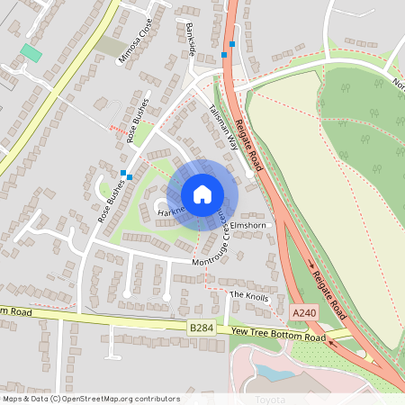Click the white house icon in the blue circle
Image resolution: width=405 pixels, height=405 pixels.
(202, 193)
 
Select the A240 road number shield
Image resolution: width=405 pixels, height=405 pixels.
(304, 312)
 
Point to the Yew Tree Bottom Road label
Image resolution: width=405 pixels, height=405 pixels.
(277, 336)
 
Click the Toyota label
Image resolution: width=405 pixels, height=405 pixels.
(270, 399)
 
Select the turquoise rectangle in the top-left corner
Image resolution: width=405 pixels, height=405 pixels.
(31, 52)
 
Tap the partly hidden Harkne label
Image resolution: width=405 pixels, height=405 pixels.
(170, 211)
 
